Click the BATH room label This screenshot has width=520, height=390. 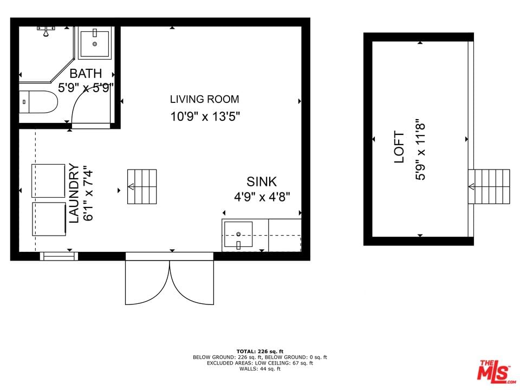(86, 73)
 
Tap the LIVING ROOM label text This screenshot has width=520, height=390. (204, 99)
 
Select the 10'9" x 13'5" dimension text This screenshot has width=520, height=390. (205, 116)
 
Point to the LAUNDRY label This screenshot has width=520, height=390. (74, 193)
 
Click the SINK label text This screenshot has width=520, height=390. (262, 182)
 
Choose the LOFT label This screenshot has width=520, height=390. (399, 147)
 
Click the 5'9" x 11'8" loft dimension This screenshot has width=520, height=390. (420, 150)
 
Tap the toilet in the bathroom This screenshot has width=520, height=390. (38, 102)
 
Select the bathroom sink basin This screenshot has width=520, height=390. (95, 44)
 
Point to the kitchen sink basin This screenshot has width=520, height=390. (238, 235)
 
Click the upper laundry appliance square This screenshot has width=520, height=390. (48, 181)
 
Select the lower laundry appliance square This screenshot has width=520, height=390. (49, 219)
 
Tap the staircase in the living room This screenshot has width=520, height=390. (142, 187)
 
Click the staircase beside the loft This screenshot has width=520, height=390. (489, 187)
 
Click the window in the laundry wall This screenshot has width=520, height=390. (59, 256)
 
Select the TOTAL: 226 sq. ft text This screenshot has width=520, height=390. (260, 352)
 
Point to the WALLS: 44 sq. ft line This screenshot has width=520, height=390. (260, 369)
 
